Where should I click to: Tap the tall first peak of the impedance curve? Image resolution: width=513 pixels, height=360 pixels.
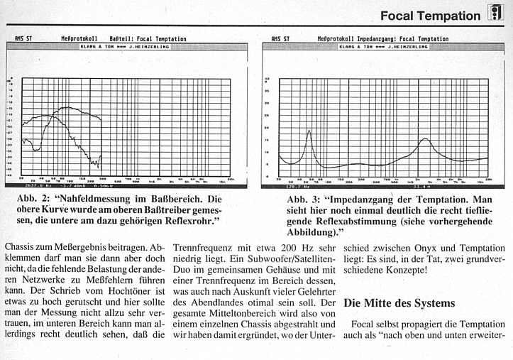pos(309,131)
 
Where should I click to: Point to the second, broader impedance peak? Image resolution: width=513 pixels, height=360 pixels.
pos(425,139)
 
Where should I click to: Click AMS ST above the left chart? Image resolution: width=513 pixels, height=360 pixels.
pos(22,39)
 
